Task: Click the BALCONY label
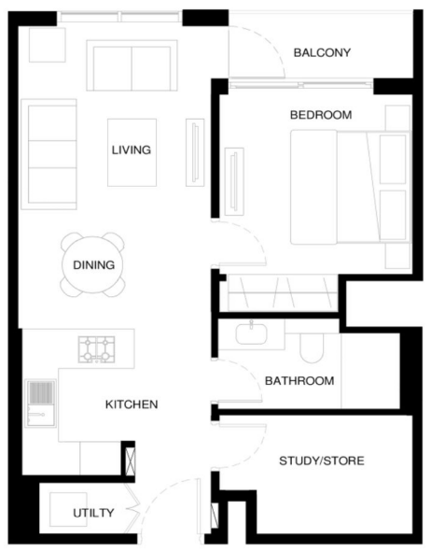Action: click(x=322, y=53)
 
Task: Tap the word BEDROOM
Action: click(x=321, y=115)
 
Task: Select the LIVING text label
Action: click(x=132, y=149)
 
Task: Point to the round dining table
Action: click(x=93, y=265)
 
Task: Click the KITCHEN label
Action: click(x=132, y=404)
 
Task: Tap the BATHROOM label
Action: click(x=299, y=381)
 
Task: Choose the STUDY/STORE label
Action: click(x=322, y=461)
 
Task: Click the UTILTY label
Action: click(x=93, y=513)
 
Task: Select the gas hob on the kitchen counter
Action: click(x=96, y=349)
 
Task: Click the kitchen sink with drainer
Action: click(x=40, y=404)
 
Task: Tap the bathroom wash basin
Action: click(x=251, y=334)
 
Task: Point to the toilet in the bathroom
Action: click(x=312, y=348)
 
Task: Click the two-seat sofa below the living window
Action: click(x=132, y=65)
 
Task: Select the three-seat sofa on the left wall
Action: click(x=49, y=154)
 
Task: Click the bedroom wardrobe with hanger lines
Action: click(x=283, y=292)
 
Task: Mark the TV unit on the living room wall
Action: click(x=195, y=152)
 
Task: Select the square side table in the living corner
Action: click(x=48, y=45)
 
